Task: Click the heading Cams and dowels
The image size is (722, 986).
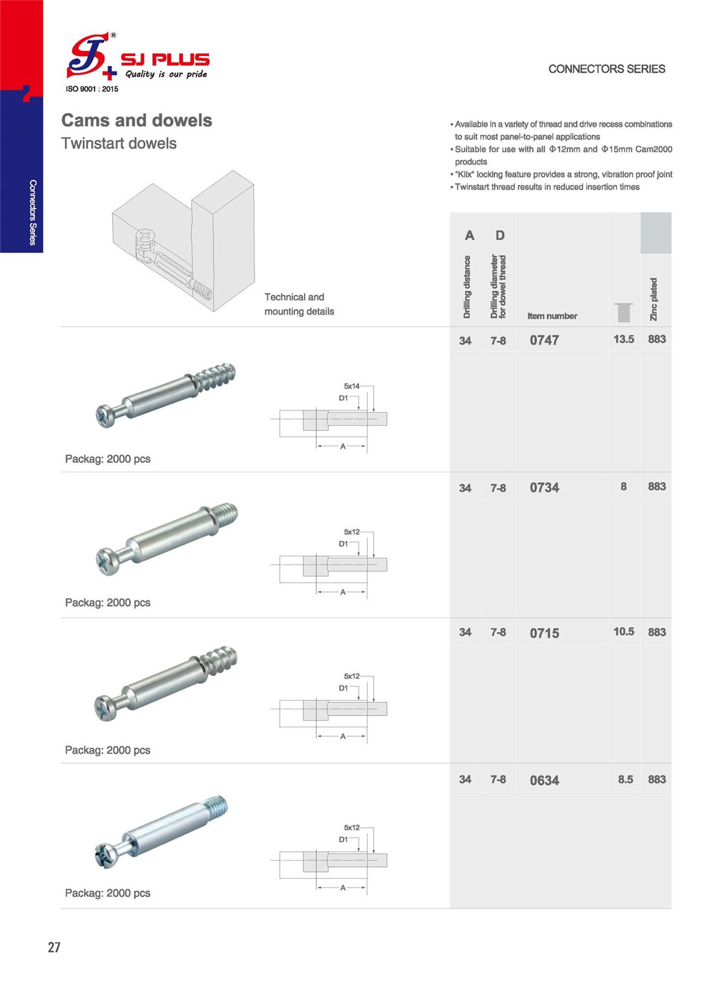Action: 137,120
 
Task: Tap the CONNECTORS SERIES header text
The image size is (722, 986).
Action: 606,69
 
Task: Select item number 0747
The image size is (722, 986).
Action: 544,340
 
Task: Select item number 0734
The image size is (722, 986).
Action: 544,488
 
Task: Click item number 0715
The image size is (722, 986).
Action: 544,633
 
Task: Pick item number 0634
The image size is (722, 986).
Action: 544,781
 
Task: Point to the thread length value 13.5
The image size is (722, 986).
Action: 623,339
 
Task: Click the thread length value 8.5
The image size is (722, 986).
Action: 625,780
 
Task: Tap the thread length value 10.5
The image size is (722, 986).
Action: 623,632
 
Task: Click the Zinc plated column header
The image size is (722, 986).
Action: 654,299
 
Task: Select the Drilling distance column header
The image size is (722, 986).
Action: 467,287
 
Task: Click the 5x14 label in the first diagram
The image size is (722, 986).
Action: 351,386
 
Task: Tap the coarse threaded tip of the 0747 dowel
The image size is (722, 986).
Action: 217,379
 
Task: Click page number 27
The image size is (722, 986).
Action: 54,947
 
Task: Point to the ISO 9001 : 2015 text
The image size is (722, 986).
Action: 92,89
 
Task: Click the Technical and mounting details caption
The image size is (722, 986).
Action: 299,304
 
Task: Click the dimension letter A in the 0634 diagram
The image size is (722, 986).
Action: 343,888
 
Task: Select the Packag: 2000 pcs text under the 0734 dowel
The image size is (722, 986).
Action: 108,603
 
